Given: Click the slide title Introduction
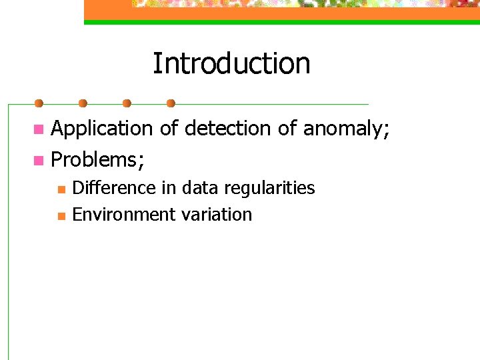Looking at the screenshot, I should tap(231, 64).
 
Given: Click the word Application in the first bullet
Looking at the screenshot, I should tap(102, 129).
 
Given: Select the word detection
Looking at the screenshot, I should tap(227, 129).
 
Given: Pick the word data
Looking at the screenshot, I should tap(199, 188).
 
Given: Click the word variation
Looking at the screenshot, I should tap(217, 215).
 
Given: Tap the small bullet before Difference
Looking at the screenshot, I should tap(61, 189).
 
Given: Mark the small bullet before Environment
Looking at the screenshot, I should tap(61, 216).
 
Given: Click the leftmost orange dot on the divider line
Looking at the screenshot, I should tap(39, 103).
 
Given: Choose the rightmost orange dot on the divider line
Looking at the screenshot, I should tap(171, 103).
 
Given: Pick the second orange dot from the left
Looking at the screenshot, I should tap(83, 103).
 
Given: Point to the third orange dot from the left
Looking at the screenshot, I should tap(127, 103).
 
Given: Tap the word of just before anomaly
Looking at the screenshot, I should tap(287, 129).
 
